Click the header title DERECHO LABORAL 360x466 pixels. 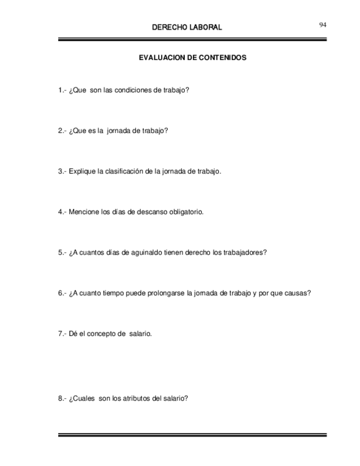click(x=186, y=27)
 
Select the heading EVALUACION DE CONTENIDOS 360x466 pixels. click(x=192, y=57)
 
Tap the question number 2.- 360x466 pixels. click(x=62, y=130)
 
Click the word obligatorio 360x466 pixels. click(x=184, y=212)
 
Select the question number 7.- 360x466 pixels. click(x=62, y=334)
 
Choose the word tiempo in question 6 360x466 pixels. click(x=113, y=293)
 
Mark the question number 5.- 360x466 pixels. click(x=62, y=252)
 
